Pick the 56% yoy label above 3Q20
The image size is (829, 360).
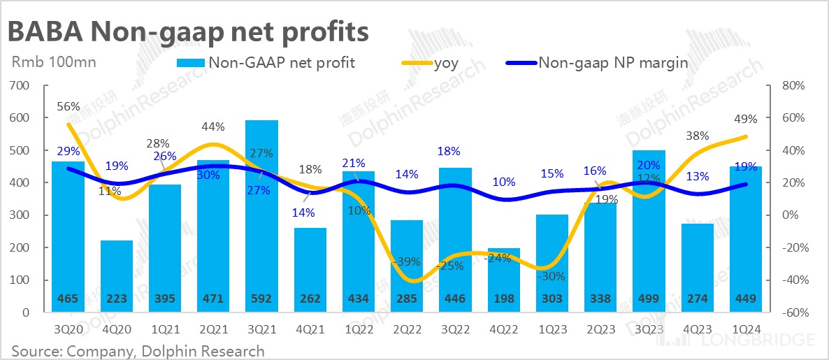[68, 107]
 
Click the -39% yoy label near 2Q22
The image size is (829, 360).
[406, 262]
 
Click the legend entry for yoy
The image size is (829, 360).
[445, 63]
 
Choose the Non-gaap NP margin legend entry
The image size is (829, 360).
[612, 63]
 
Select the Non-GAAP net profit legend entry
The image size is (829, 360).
[281, 63]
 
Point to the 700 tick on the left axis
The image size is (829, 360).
[20, 85]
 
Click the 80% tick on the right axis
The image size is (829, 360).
[794, 85]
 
